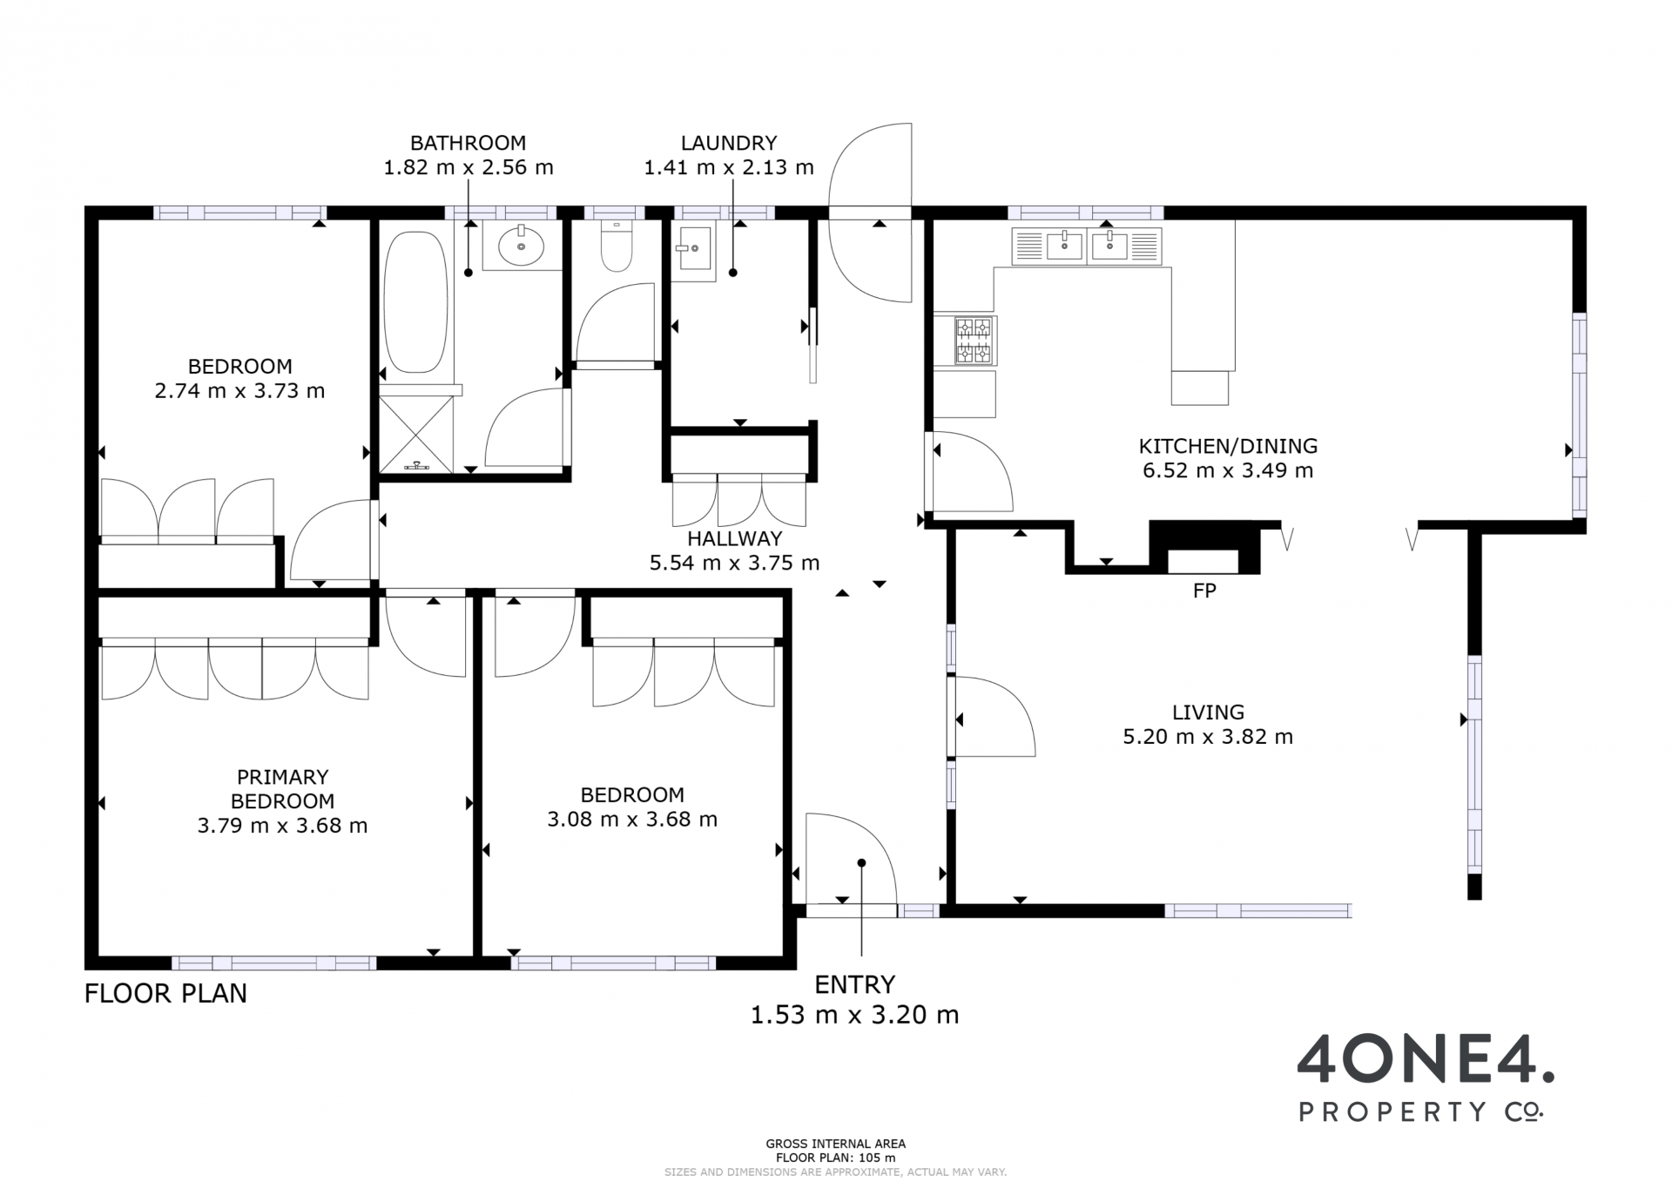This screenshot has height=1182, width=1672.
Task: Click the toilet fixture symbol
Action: [x=617, y=245]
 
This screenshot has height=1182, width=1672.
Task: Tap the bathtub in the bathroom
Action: [x=416, y=302]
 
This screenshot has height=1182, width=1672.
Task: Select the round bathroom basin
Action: [x=522, y=245]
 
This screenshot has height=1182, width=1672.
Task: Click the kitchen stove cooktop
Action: [x=974, y=341]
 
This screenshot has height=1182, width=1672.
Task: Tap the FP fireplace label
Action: [x=1204, y=591]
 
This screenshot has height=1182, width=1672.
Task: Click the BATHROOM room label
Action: [x=469, y=143]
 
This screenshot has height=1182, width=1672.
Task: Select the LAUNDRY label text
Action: [x=729, y=143]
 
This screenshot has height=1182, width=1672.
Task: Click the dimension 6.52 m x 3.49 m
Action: [x=1228, y=471]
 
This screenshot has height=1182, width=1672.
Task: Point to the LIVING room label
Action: [x=1208, y=713]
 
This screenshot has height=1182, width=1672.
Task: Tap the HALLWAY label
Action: [x=735, y=539]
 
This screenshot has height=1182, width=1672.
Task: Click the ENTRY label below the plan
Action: [x=855, y=984]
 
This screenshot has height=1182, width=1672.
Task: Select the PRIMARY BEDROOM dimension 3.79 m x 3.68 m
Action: [x=282, y=826]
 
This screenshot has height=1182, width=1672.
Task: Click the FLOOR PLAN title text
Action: [x=165, y=994]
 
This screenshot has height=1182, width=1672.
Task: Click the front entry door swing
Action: [x=851, y=861]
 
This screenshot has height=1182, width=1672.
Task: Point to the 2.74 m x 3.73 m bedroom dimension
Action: [x=239, y=391]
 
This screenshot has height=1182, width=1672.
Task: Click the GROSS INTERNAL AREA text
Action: [x=836, y=1144]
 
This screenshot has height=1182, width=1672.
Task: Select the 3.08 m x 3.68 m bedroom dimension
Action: [x=632, y=820]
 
